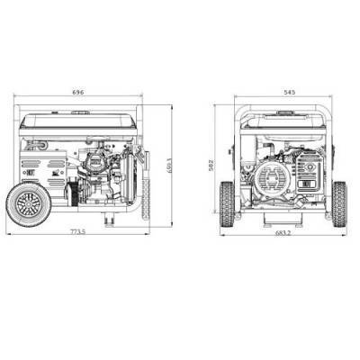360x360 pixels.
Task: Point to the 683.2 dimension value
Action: (x=283, y=232)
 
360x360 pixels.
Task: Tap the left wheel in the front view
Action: (x=229, y=203)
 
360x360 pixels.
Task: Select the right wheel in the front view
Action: (x=337, y=203)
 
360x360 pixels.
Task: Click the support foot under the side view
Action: (x=110, y=219)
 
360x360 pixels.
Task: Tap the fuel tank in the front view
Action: (x=283, y=122)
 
